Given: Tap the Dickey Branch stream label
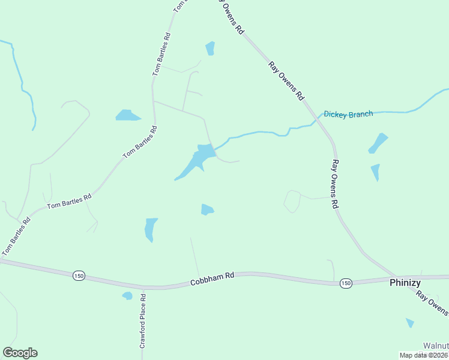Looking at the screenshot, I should pyautogui.click(x=348, y=113).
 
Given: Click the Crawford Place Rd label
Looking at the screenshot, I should pyautogui.click(x=143, y=321).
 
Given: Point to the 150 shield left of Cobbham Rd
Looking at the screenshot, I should pyautogui.click(x=79, y=275).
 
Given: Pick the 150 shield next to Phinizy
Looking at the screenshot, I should pyautogui.click(x=345, y=283).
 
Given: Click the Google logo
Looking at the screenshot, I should pyautogui.click(x=20, y=353).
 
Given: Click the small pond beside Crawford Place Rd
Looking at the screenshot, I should pyautogui.click(x=127, y=296).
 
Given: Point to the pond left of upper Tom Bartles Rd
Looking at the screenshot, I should pyautogui.click(x=128, y=115).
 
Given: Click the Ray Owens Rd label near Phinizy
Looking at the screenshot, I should pyautogui.click(x=432, y=303).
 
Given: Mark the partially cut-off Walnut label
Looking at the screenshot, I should pyautogui.click(x=436, y=346).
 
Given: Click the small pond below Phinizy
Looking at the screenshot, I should pyautogui.click(x=410, y=323).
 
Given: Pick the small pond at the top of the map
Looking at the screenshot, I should pyautogui.click(x=210, y=48).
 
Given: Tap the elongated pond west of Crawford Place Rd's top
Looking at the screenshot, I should pyautogui.click(x=150, y=229).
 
